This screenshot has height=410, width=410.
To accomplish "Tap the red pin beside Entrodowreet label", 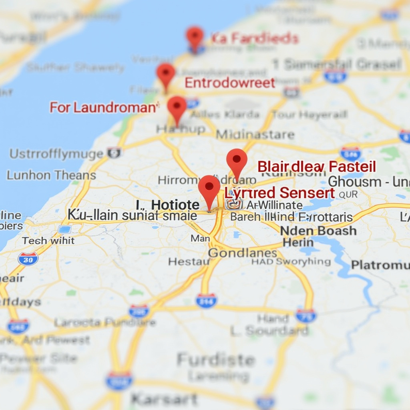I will (166, 73).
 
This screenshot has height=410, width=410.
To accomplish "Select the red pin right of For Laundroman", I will (177, 106).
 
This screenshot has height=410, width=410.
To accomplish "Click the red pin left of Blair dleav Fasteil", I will (237, 159).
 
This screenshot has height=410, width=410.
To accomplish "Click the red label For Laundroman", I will (102, 107).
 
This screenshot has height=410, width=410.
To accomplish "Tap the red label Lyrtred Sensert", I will (279, 193).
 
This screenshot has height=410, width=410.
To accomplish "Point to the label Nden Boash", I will (318, 231).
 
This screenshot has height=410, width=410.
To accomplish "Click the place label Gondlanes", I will (243, 253).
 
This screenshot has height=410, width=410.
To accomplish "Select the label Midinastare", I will (255, 135).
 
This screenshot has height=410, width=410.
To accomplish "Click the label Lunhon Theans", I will (51, 175).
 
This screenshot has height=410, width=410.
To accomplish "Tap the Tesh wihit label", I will (48, 241).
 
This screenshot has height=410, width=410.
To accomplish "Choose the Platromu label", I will (380, 265).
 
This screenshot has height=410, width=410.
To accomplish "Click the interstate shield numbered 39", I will (28, 259).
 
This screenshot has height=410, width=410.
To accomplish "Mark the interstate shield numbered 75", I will (306, 316).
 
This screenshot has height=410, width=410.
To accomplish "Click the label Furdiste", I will (216, 360).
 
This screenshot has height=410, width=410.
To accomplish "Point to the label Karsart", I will (164, 399).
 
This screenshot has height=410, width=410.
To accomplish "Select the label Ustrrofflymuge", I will (56, 154).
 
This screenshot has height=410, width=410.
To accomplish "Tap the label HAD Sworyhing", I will (291, 262).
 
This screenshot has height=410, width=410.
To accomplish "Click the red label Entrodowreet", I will (230, 83).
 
